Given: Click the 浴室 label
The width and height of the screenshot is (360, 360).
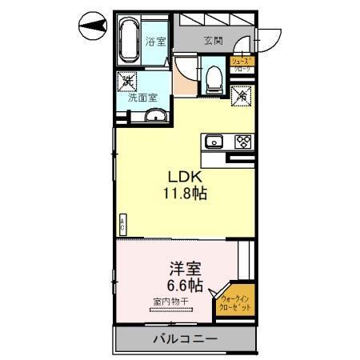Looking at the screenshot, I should click(155, 42).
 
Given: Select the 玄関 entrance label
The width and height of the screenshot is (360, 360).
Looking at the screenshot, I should click(212, 41).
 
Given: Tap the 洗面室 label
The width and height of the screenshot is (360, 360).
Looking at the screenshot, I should click(142, 98).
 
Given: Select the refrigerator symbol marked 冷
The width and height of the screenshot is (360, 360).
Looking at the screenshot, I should click(241, 94).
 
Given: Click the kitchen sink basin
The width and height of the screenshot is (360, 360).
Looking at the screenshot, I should click(214, 142).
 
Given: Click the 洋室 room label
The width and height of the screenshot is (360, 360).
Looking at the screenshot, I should click(185, 268).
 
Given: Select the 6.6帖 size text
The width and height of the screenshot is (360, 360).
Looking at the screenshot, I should click(185, 285).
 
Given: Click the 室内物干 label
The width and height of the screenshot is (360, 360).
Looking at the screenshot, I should click(170, 302).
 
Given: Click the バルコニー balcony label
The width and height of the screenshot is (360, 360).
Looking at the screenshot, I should click(186, 340).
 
